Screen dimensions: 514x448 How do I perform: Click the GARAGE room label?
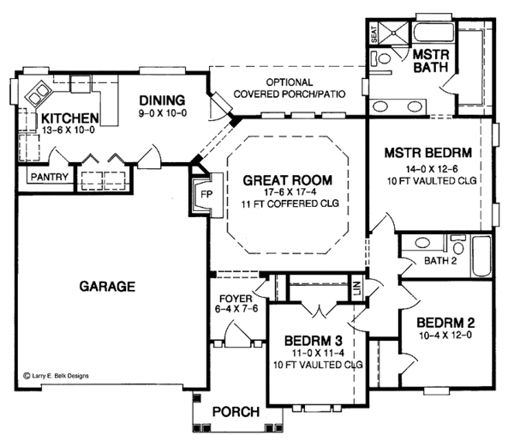point(107,287)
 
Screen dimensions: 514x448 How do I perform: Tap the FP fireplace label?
point(206,195)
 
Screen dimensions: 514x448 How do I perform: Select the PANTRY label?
point(50,177)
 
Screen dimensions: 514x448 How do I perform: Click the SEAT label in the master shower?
point(374,34)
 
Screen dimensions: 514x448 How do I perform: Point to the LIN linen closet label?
point(357,288)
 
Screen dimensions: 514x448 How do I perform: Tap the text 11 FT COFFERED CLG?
point(290,204)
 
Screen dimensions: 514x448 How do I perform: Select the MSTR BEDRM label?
point(428,153)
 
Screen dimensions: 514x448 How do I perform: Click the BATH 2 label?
point(440,261)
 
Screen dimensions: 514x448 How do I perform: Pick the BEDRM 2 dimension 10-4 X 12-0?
point(445,336)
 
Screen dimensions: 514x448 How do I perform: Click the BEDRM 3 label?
point(314,341)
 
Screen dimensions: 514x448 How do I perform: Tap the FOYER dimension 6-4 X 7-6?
point(236,309)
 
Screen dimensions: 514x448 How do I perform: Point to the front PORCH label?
point(236,412)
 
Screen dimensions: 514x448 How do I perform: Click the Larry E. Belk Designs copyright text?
point(56,376)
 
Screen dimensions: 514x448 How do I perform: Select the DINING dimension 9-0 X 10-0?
point(162,113)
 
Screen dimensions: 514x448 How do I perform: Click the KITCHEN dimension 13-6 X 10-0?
point(69,130)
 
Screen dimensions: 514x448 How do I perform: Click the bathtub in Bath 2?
point(481,257)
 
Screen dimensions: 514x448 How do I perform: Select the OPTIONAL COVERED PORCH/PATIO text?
point(290,88)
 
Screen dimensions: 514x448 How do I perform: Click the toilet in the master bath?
point(381,58)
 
